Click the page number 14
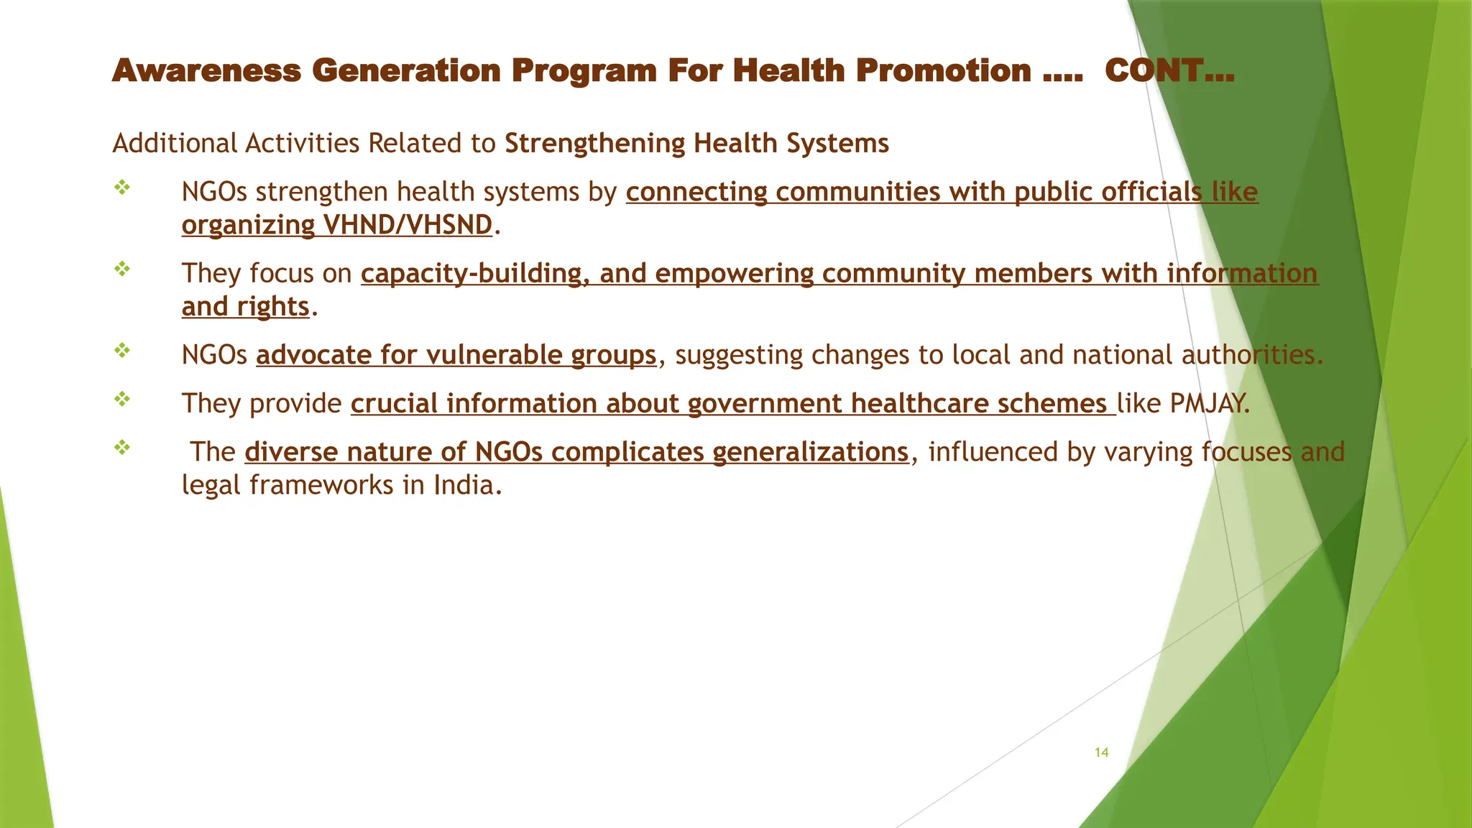[1101, 753]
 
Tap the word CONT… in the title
[1169, 70]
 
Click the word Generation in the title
[406, 70]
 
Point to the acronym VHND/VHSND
[408, 225]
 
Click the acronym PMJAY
[1209, 403]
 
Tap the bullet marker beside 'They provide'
[122, 399]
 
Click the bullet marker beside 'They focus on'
[122, 270]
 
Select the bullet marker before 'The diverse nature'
[122, 448]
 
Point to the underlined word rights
[273, 307]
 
